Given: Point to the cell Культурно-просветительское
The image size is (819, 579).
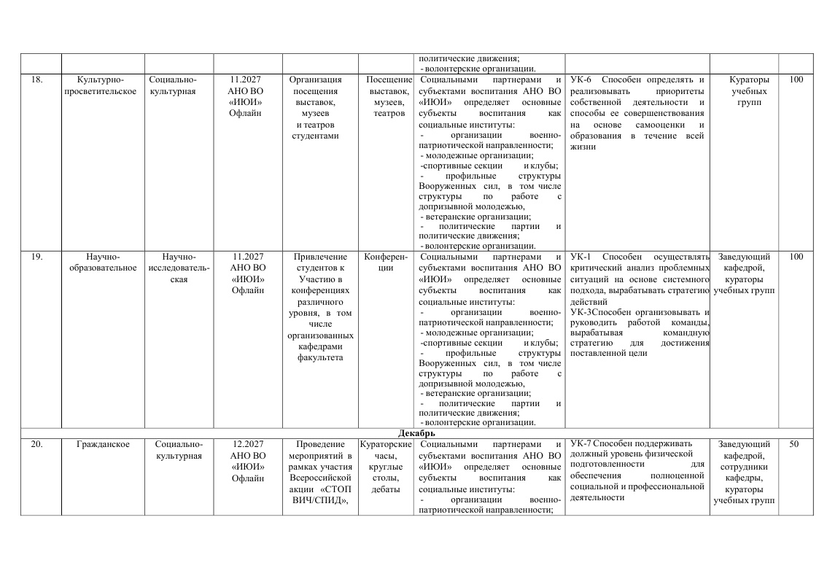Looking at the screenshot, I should [102, 85].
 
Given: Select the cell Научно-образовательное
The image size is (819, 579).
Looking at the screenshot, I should [102, 262].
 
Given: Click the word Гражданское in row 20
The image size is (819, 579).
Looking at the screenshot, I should [102, 444].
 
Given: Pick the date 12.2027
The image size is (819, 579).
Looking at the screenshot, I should [248, 444].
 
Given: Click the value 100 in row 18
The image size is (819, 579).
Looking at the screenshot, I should [796, 79].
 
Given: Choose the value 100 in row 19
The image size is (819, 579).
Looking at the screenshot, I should [796, 257].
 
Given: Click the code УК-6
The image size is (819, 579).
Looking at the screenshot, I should [581, 79].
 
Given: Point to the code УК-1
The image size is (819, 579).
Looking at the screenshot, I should [581, 257].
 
